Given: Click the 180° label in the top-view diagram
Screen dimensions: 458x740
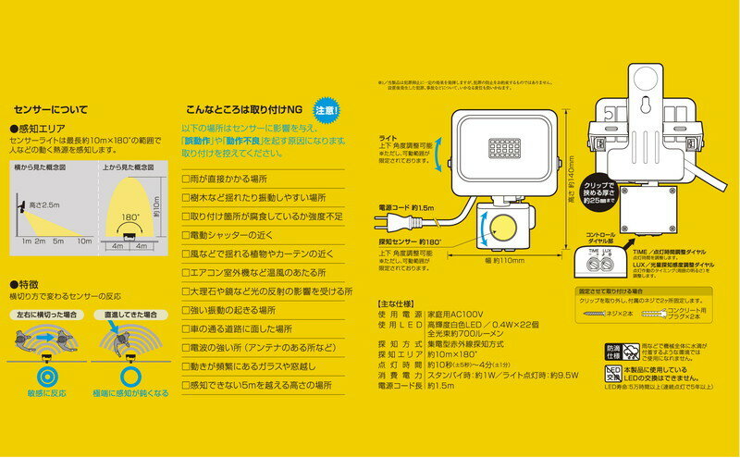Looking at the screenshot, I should (132, 217).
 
